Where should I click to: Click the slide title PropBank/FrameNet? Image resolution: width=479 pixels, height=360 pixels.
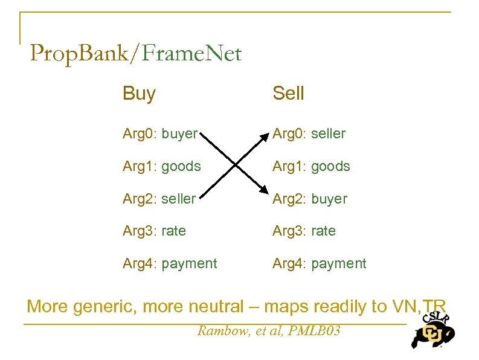135,54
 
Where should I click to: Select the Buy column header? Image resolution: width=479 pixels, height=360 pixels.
139,94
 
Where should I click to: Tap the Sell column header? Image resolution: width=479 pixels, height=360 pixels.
288,94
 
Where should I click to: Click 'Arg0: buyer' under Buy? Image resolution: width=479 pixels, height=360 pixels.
160,133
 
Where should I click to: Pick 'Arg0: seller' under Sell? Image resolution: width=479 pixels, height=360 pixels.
309,133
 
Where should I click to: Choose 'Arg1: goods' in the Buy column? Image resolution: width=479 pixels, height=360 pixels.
161,166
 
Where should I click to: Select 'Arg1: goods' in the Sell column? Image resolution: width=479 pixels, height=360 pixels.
311,166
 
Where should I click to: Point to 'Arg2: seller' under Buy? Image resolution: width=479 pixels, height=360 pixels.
159,199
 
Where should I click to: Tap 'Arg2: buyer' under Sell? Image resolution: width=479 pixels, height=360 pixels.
310,199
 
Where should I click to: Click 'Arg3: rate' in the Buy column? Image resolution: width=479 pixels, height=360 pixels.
154,231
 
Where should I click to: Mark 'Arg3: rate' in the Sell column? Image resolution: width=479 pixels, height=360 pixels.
304,231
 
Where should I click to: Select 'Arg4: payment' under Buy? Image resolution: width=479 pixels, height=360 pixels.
170,264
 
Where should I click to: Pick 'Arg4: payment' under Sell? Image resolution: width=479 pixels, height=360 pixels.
319,264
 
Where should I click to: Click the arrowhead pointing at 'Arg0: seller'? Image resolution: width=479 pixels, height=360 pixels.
263,137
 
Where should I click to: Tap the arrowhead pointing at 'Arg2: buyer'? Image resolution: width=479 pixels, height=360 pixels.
263,191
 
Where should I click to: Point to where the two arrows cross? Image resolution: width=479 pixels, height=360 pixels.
234,164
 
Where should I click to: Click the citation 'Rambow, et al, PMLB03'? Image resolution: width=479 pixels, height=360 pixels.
269,331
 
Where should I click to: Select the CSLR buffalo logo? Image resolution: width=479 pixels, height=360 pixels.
432,330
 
